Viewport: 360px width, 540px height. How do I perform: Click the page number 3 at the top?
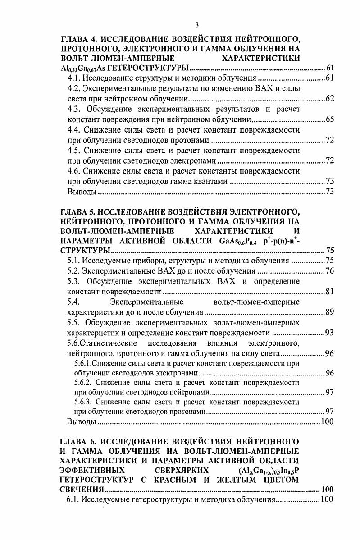pyautogui.click(x=180, y=25)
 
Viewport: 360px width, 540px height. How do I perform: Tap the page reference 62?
pyautogui.click(x=329, y=99)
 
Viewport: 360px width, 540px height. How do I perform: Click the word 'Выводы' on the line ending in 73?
pyautogui.click(x=82, y=192)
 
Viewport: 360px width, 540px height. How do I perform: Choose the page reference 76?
pyautogui.click(x=329, y=271)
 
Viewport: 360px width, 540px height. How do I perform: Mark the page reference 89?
pyautogui.click(x=329, y=312)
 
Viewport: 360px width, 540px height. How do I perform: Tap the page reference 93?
pyautogui.click(x=329, y=333)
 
